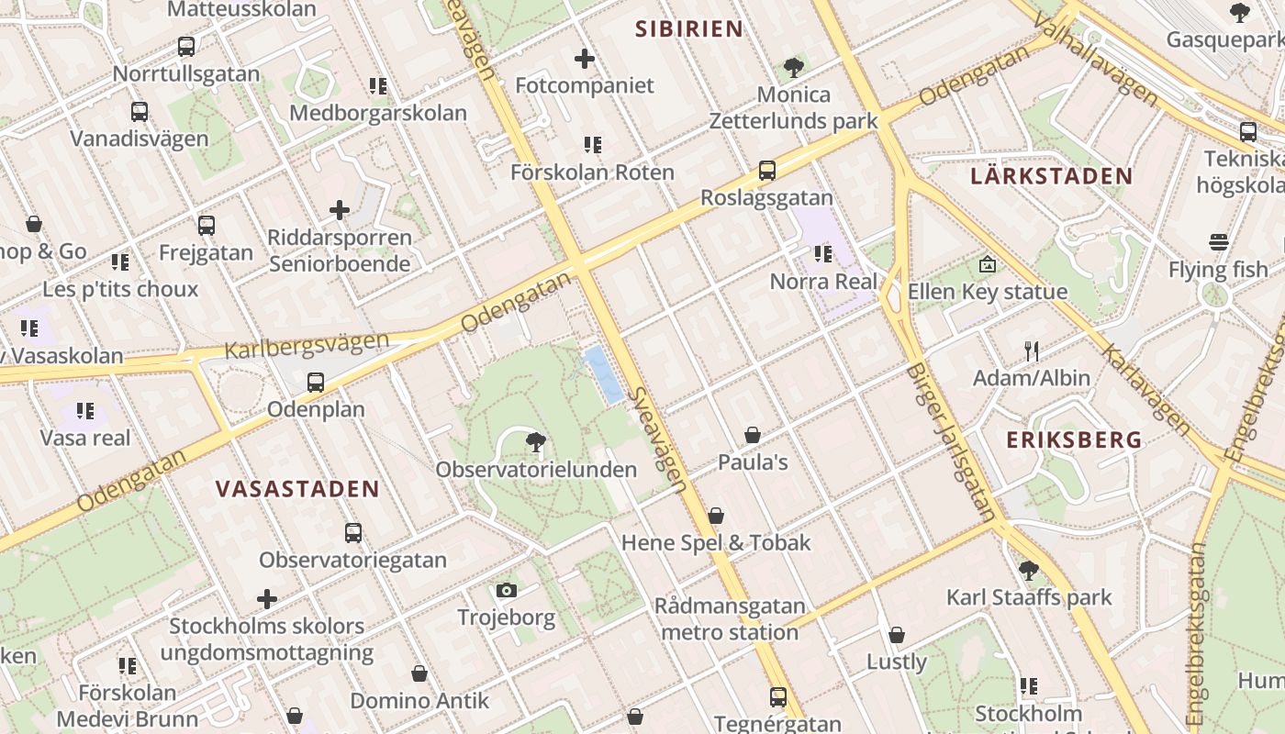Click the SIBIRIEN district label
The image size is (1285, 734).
pyautogui.click(x=689, y=28)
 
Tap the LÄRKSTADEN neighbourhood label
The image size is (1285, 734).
pyautogui.click(x=1051, y=175)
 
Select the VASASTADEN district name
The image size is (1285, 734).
pyautogui.click(x=297, y=488)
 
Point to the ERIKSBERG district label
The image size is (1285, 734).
pyautogui.click(x=1074, y=439)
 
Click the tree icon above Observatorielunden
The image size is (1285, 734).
pyautogui.click(x=536, y=443)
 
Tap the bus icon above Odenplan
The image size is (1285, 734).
pyautogui.click(x=316, y=383)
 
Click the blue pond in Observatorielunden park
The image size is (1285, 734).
pyautogui.click(x=603, y=374)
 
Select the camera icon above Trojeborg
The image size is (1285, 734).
pyautogui.click(x=506, y=591)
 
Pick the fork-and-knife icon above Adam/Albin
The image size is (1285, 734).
pyautogui.click(x=1032, y=350)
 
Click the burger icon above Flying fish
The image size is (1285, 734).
pyautogui.click(x=1219, y=243)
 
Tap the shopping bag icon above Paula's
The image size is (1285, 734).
pyautogui.click(x=753, y=435)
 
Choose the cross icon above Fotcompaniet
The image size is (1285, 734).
pyautogui.click(x=585, y=60)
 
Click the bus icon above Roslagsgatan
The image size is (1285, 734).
pyautogui.click(x=766, y=171)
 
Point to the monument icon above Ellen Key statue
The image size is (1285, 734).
pyautogui.click(x=987, y=264)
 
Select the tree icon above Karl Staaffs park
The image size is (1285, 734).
pyautogui.click(x=1028, y=570)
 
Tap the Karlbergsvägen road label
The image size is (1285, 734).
pyautogui.click(x=307, y=345)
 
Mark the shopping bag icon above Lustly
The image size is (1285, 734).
pyautogui.click(x=897, y=635)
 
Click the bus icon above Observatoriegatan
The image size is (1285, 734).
pyautogui.click(x=352, y=533)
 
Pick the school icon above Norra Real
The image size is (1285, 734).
pyautogui.click(x=822, y=254)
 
